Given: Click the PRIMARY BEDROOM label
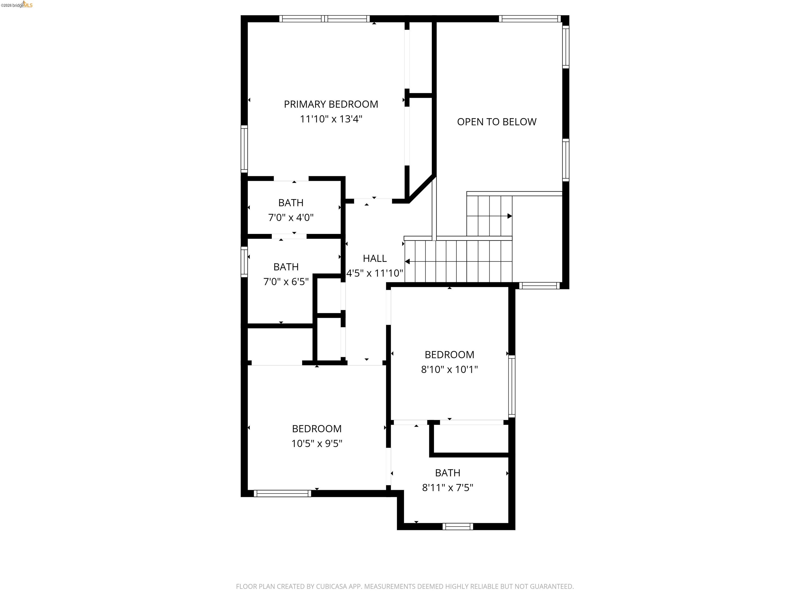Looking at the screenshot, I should pyautogui.click(x=331, y=104).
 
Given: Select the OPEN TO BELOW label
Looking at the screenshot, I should pyautogui.click(x=496, y=122).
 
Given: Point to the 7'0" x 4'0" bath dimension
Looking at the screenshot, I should pyautogui.click(x=291, y=218).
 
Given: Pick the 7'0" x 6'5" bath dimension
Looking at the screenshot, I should pyautogui.click(x=286, y=282).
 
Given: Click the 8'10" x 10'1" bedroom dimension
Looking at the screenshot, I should pyautogui.click(x=449, y=370).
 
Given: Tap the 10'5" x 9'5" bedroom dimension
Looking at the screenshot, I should pyautogui.click(x=317, y=443).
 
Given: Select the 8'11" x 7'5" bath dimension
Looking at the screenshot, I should pyautogui.click(x=447, y=488).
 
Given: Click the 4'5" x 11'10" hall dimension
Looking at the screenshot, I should pyautogui.click(x=375, y=273).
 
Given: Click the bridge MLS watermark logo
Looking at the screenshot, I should pyautogui.click(x=17, y=5).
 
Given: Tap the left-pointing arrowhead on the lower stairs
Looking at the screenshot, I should pyautogui.click(x=407, y=262).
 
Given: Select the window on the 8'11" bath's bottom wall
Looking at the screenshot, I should pyautogui.click(x=457, y=526).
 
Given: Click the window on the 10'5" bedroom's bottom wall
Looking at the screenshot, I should pyautogui.click(x=282, y=493).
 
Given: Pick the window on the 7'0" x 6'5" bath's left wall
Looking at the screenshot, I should pyautogui.click(x=244, y=262).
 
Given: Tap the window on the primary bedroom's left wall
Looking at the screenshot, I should pyautogui.click(x=244, y=149).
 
